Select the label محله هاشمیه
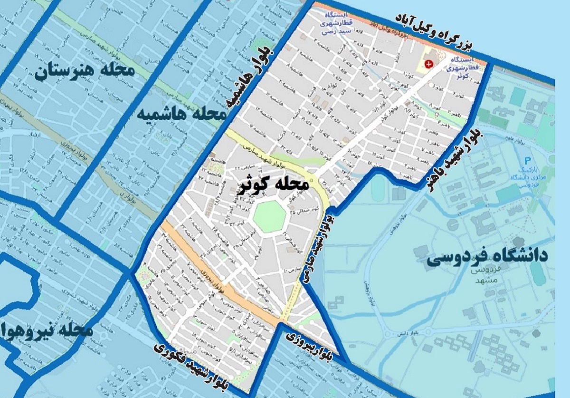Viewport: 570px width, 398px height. tap(183, 114)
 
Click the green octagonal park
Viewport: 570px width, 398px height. tap(269, 216)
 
